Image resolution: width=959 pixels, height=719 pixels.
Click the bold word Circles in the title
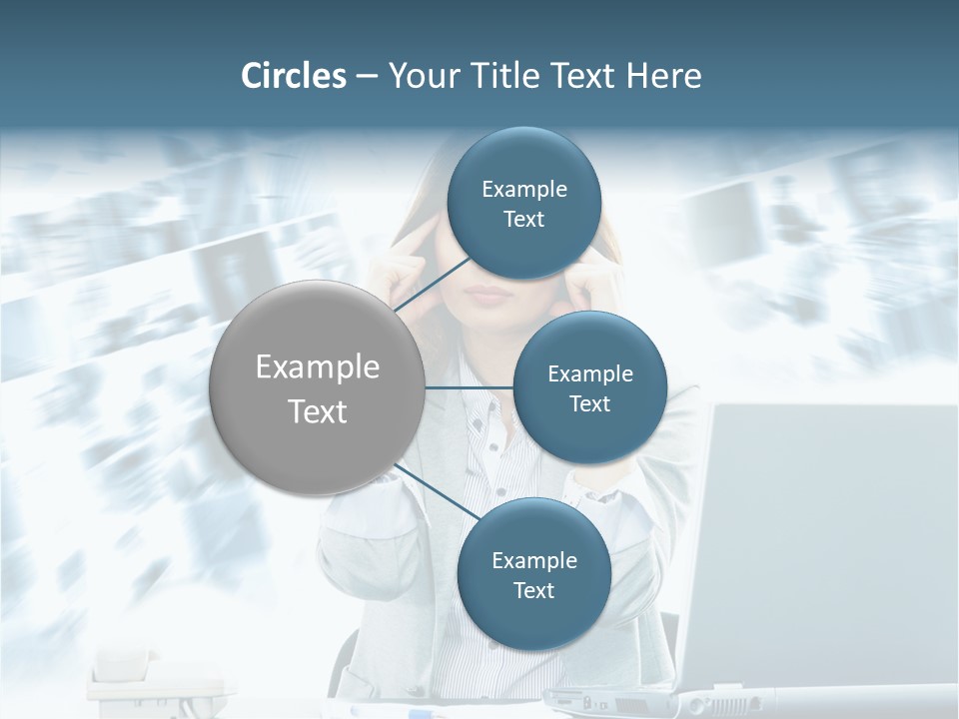click(x=294, y=76)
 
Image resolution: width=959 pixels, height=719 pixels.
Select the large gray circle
click(x=317, y=387)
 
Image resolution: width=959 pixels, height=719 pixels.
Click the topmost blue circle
click(x=523, y=203)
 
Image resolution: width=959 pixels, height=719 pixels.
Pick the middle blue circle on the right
click(x=589, y=387)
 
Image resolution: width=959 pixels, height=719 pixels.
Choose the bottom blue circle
click(x=533, y=574)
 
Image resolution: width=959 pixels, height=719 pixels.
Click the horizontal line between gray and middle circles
click(x=469, y=386)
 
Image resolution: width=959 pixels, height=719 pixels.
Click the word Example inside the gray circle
click(x=318, y=367)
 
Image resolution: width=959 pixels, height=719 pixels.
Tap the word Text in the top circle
click(x=523, y=219)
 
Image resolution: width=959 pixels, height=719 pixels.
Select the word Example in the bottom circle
click(x=534, y=560)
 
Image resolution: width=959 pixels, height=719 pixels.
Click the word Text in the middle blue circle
click(x=589, y=403)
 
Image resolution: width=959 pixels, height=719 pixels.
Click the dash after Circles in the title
click(x=367, y=77)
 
